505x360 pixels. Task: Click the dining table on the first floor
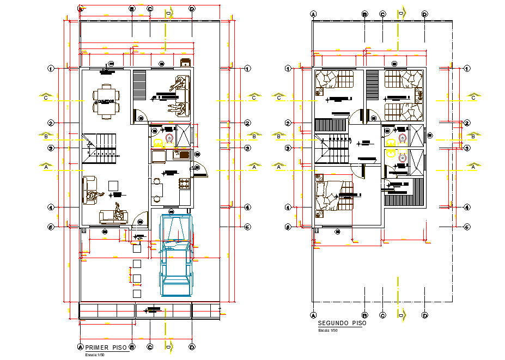tap(106, 101)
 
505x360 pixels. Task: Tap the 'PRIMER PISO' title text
tap(104, 347)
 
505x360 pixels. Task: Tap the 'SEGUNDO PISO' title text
tap(342, 323)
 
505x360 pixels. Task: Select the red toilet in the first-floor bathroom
tap(169, 139)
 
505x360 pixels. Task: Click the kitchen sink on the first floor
tap(180, 155)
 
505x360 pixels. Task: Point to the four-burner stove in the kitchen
tap(184, 184)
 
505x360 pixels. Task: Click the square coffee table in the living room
tap(113, 185)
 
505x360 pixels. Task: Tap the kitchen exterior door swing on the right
tap(200, 171)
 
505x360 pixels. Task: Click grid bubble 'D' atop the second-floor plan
tap(424, 14)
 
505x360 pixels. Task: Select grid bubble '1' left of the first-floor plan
tap(51, 69)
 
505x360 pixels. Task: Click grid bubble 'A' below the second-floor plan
tap(313, 315)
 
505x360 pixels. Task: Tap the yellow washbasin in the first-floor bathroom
tap(158, 143)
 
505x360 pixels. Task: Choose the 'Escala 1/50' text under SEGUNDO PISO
tap(328, 331)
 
